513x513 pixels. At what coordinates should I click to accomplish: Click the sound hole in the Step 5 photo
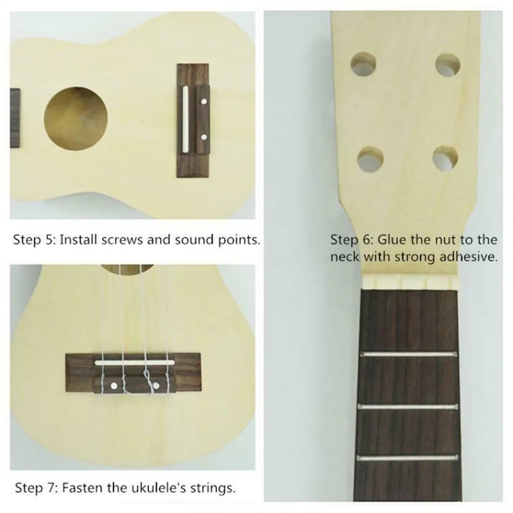tap(76, 118)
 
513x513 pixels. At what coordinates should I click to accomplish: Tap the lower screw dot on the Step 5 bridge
tap(204, 136)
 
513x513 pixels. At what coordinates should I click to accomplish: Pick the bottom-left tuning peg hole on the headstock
tap(370, 159)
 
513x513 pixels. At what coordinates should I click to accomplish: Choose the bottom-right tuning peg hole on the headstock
tap(445, 158)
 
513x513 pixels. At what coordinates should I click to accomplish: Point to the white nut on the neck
tap(412, 281)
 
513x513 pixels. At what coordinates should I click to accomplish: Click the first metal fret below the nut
tap(409, 354)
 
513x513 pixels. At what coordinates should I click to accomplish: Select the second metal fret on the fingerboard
tap(409, 406)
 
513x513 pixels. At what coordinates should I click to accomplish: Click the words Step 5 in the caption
tap(33, 240)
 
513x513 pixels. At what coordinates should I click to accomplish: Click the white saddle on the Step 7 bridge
tap(138, 362)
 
